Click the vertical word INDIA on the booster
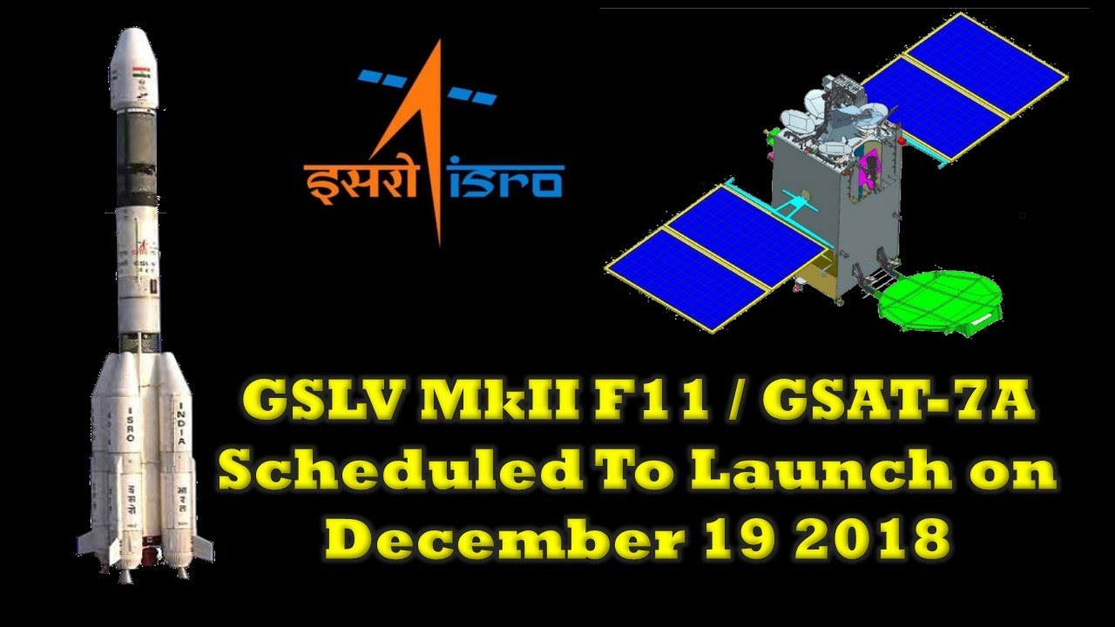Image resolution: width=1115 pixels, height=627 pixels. tap(181, 423)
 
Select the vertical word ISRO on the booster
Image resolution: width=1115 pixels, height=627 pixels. tap(131, 424)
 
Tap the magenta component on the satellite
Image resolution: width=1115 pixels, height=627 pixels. tap(866, 170)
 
